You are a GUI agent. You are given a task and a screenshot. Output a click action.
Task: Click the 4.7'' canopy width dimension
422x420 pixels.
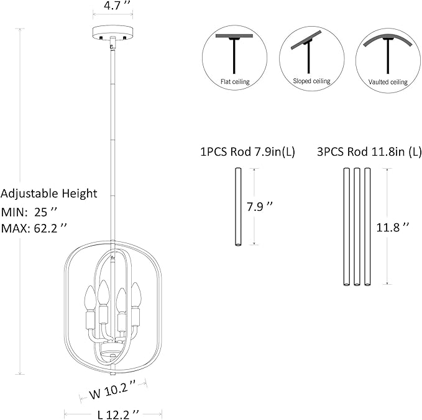point(112,6)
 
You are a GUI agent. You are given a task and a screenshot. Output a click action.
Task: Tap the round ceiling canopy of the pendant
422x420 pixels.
point(112,32)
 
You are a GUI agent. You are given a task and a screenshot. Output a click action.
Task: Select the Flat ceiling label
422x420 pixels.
point(235,81)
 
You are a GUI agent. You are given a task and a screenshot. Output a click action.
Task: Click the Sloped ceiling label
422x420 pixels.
point(311,81)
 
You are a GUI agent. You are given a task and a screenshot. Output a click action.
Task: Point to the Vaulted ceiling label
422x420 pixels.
point(388,82)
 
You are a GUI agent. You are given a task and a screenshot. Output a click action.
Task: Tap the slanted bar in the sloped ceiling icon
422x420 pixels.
point(306,40)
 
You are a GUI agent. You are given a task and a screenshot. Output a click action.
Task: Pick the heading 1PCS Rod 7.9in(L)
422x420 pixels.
point(247,152)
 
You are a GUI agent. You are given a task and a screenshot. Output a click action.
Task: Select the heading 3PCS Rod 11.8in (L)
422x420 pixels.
point(369,152)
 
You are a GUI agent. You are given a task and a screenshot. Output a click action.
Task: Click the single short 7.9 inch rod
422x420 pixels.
point(238,207)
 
